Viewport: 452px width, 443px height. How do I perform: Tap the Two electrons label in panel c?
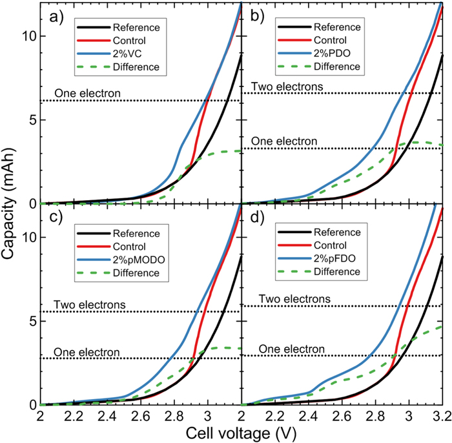click(x=88, y=305)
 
